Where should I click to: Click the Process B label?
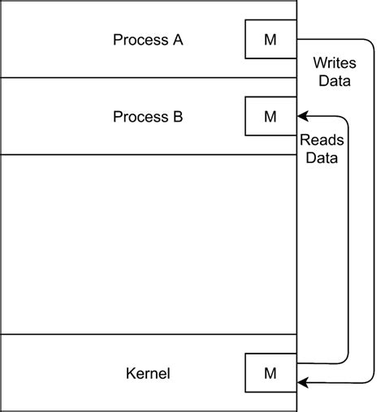click(x=148, y=116)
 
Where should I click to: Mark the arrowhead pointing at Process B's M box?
click(x=303, y=116)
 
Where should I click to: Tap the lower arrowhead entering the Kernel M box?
click(x=303, y=381)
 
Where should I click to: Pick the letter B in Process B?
click(x=177, y=116)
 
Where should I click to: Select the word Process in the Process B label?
click(x=138, y=116)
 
